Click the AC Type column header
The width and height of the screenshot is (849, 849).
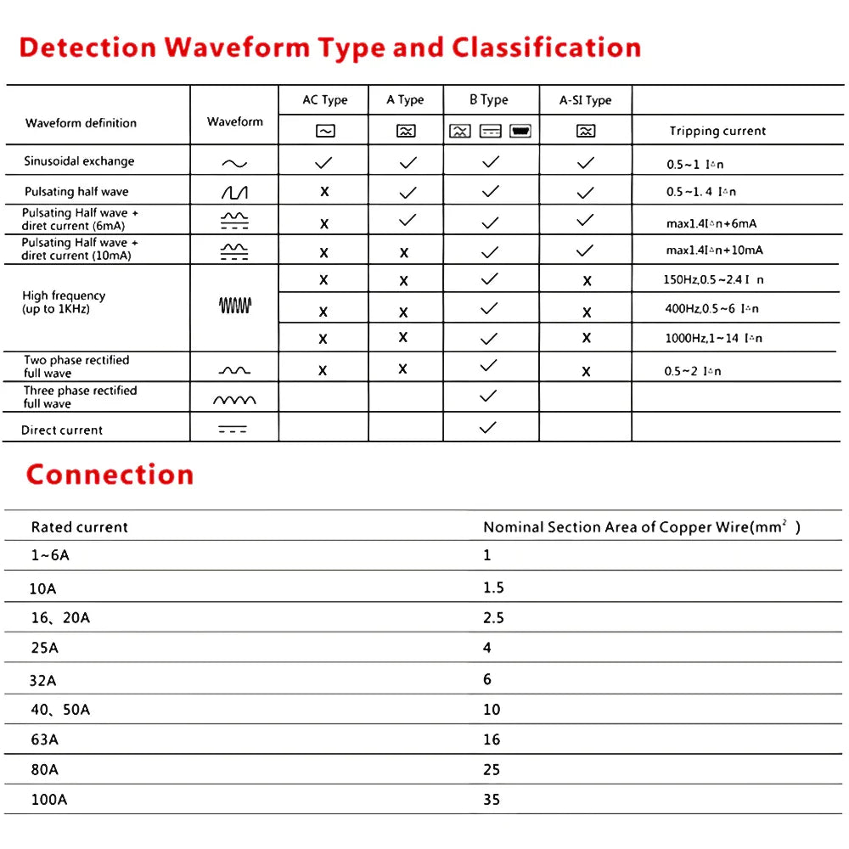324,100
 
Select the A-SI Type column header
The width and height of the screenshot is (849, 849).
585,100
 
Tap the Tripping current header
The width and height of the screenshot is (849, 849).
717,131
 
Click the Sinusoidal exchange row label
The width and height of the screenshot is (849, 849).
79,161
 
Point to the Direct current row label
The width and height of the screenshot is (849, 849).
62,430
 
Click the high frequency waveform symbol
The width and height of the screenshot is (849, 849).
235,306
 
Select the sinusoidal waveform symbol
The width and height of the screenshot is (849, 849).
234,163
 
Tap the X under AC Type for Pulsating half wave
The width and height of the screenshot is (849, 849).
324,192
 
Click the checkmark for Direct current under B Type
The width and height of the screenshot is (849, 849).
488,428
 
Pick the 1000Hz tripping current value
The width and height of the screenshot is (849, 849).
713,339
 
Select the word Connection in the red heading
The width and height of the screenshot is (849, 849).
110,474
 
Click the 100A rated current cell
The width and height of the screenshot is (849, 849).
49,800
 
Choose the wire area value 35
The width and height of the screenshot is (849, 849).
492,800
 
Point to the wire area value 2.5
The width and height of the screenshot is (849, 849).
493,618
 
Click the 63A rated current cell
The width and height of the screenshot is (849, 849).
45,739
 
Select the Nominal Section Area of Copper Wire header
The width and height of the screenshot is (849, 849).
641,527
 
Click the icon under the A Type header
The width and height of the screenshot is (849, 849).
406,131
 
